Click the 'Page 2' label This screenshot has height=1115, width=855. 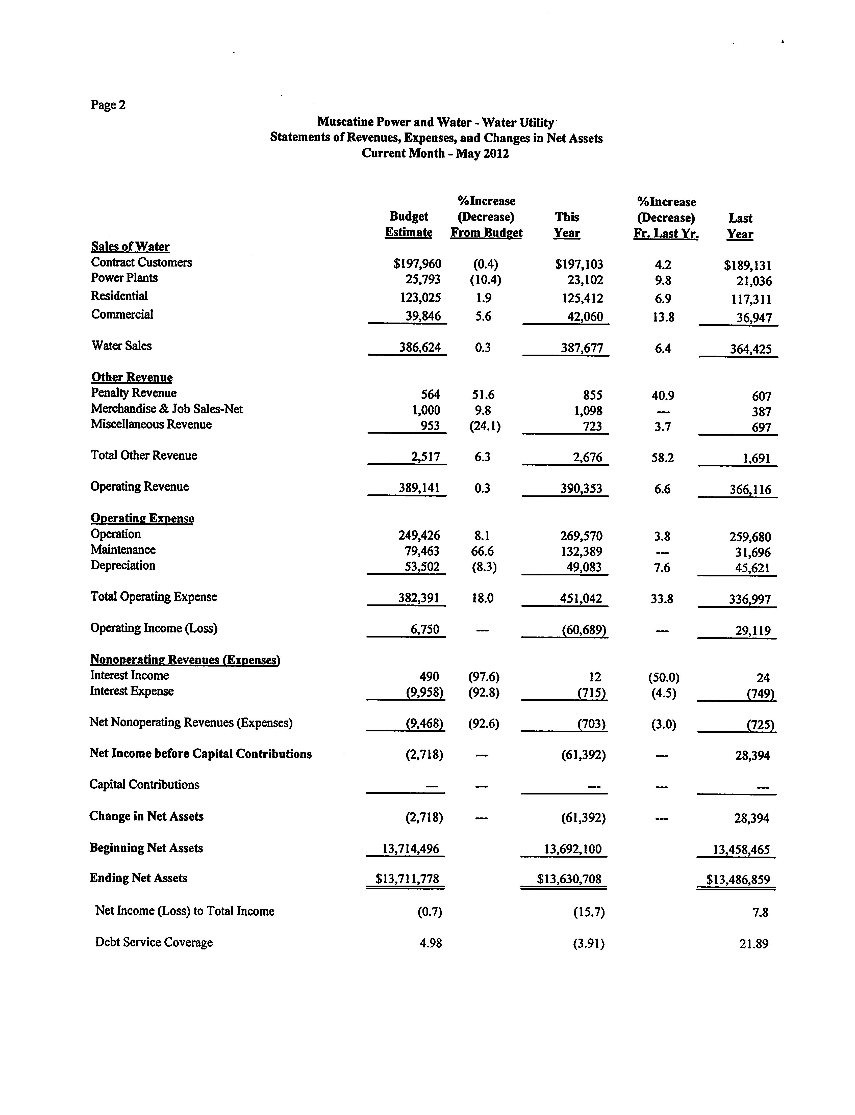pos(108,105)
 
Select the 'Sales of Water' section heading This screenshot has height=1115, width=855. pos(130,247)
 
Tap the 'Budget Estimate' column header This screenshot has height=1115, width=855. pos(409,224)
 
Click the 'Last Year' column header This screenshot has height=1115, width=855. pos(740,226)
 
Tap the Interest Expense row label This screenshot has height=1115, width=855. pos(132,691)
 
